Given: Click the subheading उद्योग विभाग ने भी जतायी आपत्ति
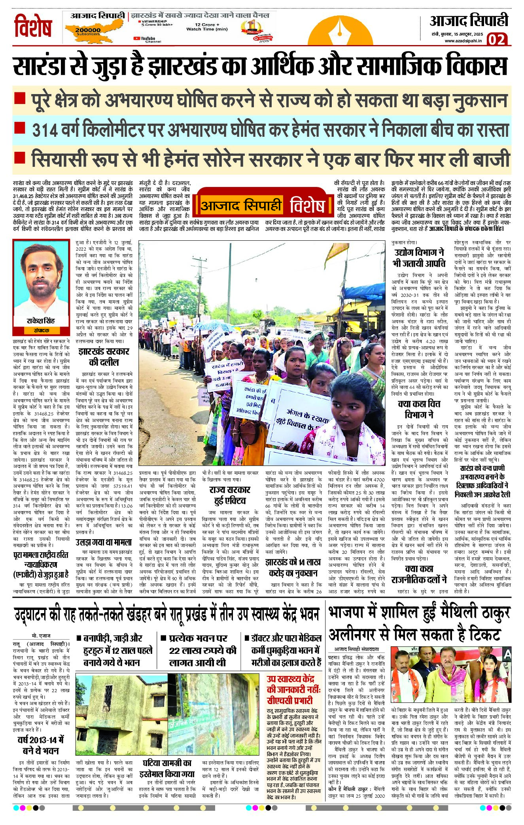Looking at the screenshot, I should tap(419, 258).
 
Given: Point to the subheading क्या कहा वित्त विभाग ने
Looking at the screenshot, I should tap(419, 409).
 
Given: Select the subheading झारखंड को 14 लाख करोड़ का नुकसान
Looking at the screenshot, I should tap(293, 567).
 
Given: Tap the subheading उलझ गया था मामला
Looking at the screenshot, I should tap(104, 542).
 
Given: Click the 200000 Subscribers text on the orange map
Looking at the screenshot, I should tap(88, 31).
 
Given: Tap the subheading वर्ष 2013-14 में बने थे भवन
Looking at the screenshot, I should tap(41, 745).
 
